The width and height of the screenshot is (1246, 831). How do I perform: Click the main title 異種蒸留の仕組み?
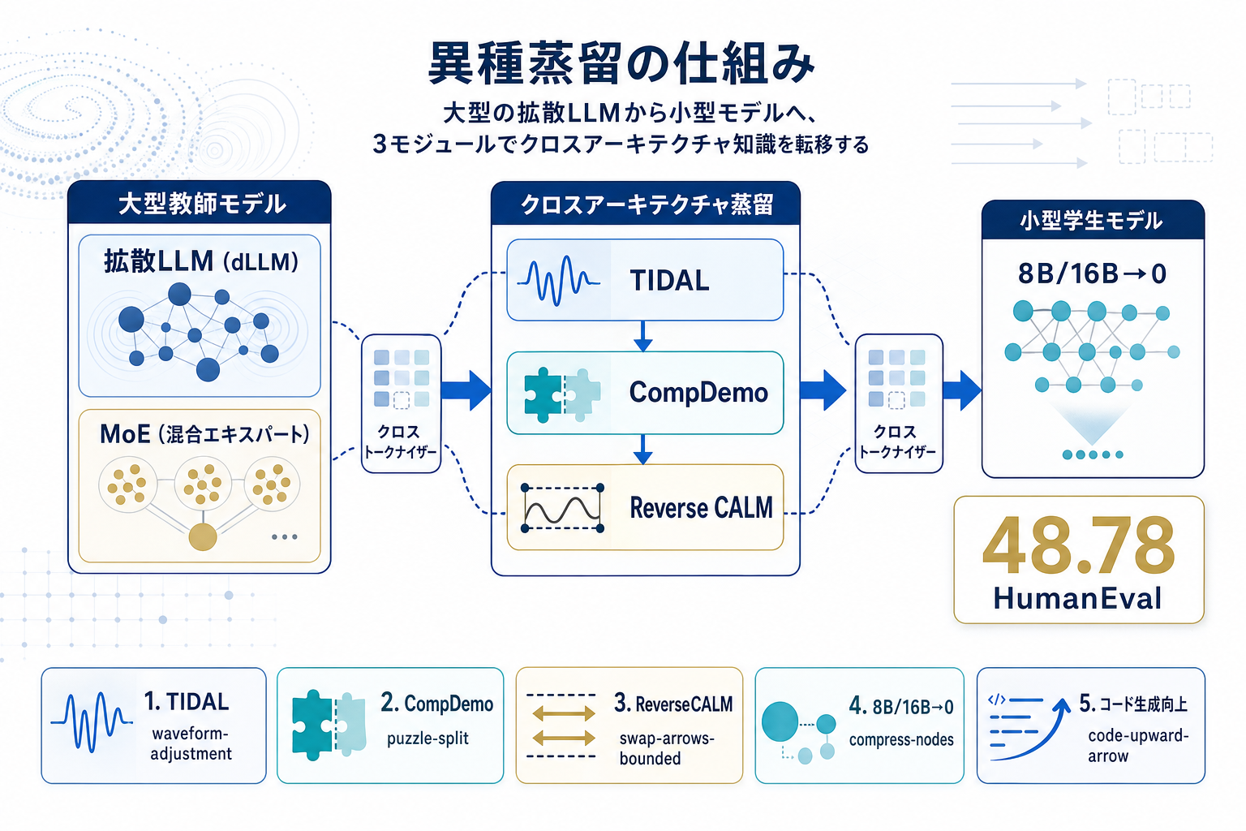[621, 63]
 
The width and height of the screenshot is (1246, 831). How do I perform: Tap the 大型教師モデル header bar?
[200, 203]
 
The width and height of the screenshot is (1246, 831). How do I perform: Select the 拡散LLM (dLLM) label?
[200, 261]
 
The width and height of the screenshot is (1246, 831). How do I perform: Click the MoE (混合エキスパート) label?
[204, 434]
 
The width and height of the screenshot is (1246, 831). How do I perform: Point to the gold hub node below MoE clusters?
[202, 536]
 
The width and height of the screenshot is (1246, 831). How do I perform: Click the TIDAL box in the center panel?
[645, 280]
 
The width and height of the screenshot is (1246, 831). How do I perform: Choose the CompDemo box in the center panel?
[645, 393]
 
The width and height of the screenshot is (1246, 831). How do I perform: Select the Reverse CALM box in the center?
[645, 507]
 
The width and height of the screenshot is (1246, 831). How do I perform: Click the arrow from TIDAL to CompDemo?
[643, 336]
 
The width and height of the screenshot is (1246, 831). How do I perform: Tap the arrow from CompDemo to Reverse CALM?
[643, 449]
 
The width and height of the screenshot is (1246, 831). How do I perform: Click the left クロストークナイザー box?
[401, 403]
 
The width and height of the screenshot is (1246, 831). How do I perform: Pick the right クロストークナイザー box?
[898, 403]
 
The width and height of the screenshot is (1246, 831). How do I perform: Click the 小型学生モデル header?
[1092, 221]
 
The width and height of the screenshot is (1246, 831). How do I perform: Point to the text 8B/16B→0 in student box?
[1092, 274]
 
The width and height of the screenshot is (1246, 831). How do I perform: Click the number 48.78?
[1079, 546]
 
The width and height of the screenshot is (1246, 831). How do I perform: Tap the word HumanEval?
[1078, 599]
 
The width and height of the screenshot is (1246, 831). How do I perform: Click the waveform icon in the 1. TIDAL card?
[91, 721]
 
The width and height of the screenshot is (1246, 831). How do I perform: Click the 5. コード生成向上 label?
[1133, 704]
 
